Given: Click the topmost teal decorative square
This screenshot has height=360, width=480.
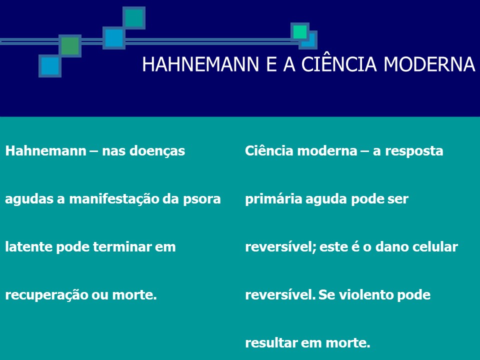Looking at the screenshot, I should (x=133, y=18).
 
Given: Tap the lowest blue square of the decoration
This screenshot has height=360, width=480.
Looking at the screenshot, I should (x=50, y=66).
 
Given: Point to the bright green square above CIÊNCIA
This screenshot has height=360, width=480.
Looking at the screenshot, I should (x=300, y=32).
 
